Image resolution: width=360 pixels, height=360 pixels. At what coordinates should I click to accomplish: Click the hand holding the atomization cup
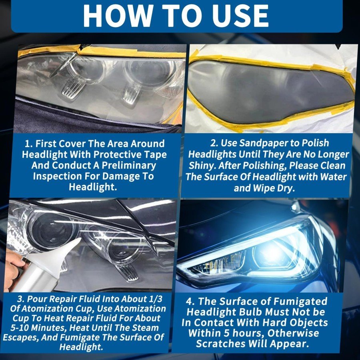pos(13,269)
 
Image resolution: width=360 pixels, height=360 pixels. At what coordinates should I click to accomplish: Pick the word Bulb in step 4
pos(252,312)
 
